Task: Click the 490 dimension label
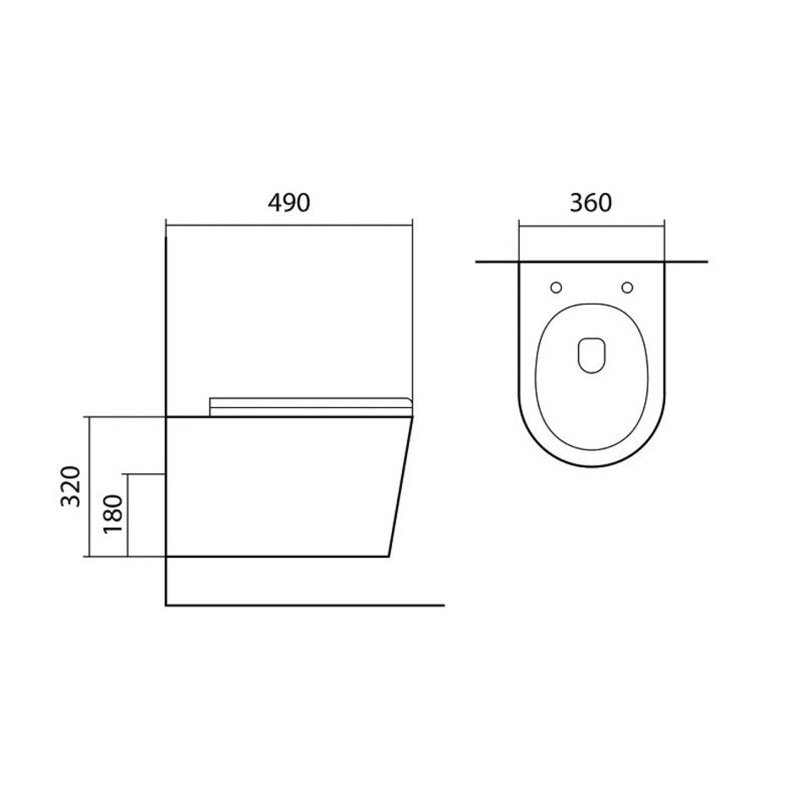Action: (x=289, y=203)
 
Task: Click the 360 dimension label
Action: (x=591, y=203)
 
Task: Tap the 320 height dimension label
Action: (x=71, y=486)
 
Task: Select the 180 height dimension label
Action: (x=113, y=515)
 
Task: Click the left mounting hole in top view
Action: (x=556, y=288)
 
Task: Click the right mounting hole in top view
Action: (x=626, y=288)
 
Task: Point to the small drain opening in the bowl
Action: (x=592, y=355)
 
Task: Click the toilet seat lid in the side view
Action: (x=311, y=406)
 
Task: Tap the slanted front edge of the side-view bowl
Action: (x=401, y=487)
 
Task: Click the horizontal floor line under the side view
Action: (x=305, y=606)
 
